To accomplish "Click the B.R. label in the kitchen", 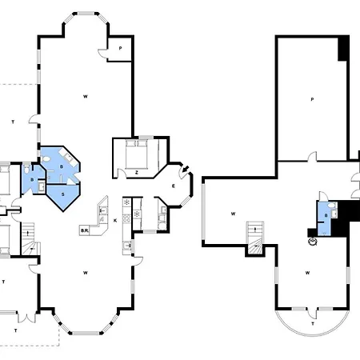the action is coord(85,230).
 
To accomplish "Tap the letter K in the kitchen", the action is coord(115,221).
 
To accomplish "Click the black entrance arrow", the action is coord(186,169).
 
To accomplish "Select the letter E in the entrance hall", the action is coord(174,186).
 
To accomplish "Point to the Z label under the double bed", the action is coord(137,173).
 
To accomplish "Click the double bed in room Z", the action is coord(137,154).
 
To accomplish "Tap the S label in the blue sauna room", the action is coord(63,194).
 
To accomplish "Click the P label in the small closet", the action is coord(120,48).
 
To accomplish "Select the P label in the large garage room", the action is coord(312,99).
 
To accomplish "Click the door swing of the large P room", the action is coord(312,157).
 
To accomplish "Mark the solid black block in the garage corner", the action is coord(343,49).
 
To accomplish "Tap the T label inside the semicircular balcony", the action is coord(313,324).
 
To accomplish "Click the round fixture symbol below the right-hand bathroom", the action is coord(312,242).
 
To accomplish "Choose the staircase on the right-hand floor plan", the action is coord(255,238).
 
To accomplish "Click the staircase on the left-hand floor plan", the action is coord(30,238).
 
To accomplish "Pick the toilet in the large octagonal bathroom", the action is coord(46,159).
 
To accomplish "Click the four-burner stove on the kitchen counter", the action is coord(126,218).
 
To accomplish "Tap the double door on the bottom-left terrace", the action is coord(26,318).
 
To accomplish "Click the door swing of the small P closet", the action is coord(102,54).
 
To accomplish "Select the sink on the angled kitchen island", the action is coord(102,210).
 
